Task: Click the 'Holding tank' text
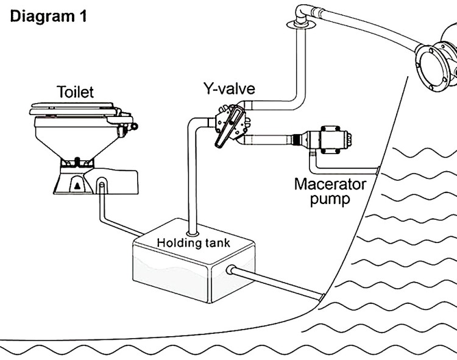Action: (x=194, y=242)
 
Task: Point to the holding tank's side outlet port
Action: (x=232, y=270)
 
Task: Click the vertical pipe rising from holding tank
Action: (x=191, y=183)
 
